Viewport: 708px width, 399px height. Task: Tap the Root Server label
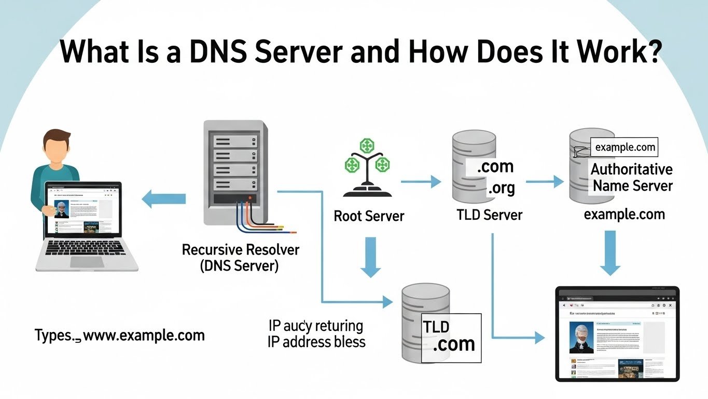click(x=369, y=216)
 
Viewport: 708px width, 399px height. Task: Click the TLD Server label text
click(x=489, y=215)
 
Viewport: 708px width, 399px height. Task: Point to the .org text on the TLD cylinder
click(x=501, y=188)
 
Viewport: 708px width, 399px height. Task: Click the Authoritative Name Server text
click(x=632, y=177)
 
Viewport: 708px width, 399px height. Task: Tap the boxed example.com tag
click(x=625, y=148)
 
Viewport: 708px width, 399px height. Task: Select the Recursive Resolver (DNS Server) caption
click(x=240, y=258)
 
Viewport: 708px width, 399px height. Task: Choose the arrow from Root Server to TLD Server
click(x=421, y=182)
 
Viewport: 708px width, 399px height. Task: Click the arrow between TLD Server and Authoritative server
click(x=545, y=182)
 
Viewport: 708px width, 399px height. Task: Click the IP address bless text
click(x=316, y=342)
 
